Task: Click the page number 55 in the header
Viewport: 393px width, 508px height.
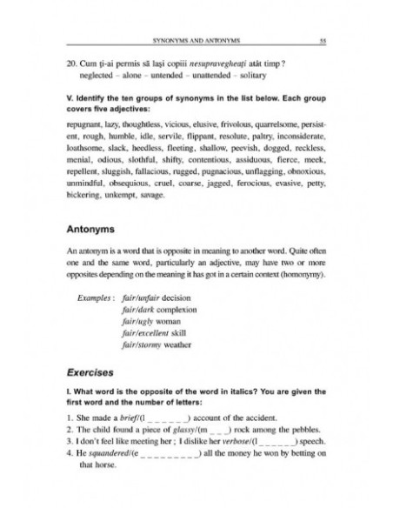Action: point(323,40)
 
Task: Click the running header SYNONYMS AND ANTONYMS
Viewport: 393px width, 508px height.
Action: point(196,40)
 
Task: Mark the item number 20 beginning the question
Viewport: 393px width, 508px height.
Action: point(72,63)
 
